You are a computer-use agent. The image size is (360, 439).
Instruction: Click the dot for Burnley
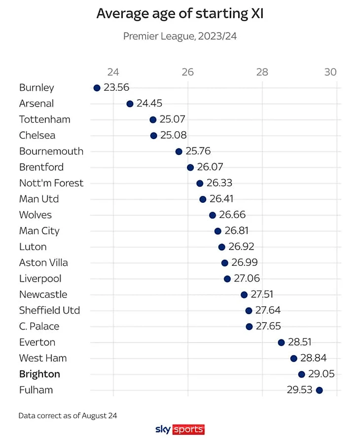pyautogui.click(x=97, y=88)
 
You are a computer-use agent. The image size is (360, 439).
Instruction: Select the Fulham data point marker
pyautogui.click(x=319, y=390)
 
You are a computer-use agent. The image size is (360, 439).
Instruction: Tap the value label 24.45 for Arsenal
pyautogui.click(x=149, y=104)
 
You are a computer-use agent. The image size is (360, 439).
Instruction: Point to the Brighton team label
pyautogui.click(x=39, y=374)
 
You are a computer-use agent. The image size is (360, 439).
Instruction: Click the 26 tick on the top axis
pyautogui.click(x=187, y=72)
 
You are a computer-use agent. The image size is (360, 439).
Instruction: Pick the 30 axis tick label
pyautogui.click(x=330, y=72)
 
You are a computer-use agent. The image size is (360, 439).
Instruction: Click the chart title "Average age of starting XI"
pyautogui.click(x=180, y=14)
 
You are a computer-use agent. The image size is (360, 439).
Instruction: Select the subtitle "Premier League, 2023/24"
pyautogui.click(x=180, y=37)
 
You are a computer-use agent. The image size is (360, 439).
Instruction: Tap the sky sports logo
pyautogui.click(x=180, y=429)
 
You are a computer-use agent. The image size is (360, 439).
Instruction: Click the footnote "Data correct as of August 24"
pyautogui.click(x=68, y=416)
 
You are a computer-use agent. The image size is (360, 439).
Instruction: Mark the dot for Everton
pyautogui.click(x=281, y=342)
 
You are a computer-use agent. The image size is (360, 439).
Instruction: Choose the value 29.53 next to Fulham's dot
pyautogui.click(x=300, y=390)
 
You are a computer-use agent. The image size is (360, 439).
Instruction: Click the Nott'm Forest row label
pyautogui.click(x=51, y=183)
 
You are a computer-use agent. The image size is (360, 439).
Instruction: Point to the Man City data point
pyautogui.click(x=218, y=231)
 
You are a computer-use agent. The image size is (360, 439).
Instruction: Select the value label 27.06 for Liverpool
pyautogui.click(x=247, y=279)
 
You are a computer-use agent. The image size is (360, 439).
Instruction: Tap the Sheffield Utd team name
pyautogui.click(x=49, y=310)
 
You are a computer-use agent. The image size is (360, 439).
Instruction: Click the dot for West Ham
pyautogui.click(x=294, y=359)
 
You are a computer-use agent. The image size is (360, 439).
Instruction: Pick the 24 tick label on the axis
pyautogui.click(x=113, y=72)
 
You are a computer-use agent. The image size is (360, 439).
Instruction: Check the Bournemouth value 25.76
pyautogui.click(x=198, y=151)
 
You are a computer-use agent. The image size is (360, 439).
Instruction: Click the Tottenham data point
pyautogui.click(x=153, y=120)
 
